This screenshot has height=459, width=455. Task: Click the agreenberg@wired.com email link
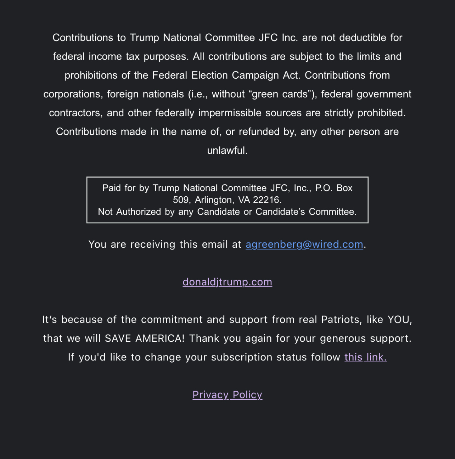point(304,244)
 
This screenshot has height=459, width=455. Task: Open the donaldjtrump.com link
point(227,282)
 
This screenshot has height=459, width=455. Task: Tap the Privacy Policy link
point(227,394)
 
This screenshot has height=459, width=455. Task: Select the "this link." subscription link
point(365,357)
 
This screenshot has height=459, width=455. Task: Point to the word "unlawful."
point(227,150)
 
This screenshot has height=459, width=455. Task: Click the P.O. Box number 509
point(180,200)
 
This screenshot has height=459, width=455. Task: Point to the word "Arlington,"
point(214,200)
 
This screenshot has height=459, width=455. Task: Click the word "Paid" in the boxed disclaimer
point(111,188)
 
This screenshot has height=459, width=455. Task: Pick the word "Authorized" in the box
point(139,212)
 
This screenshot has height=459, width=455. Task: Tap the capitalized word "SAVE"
point(118,338)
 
